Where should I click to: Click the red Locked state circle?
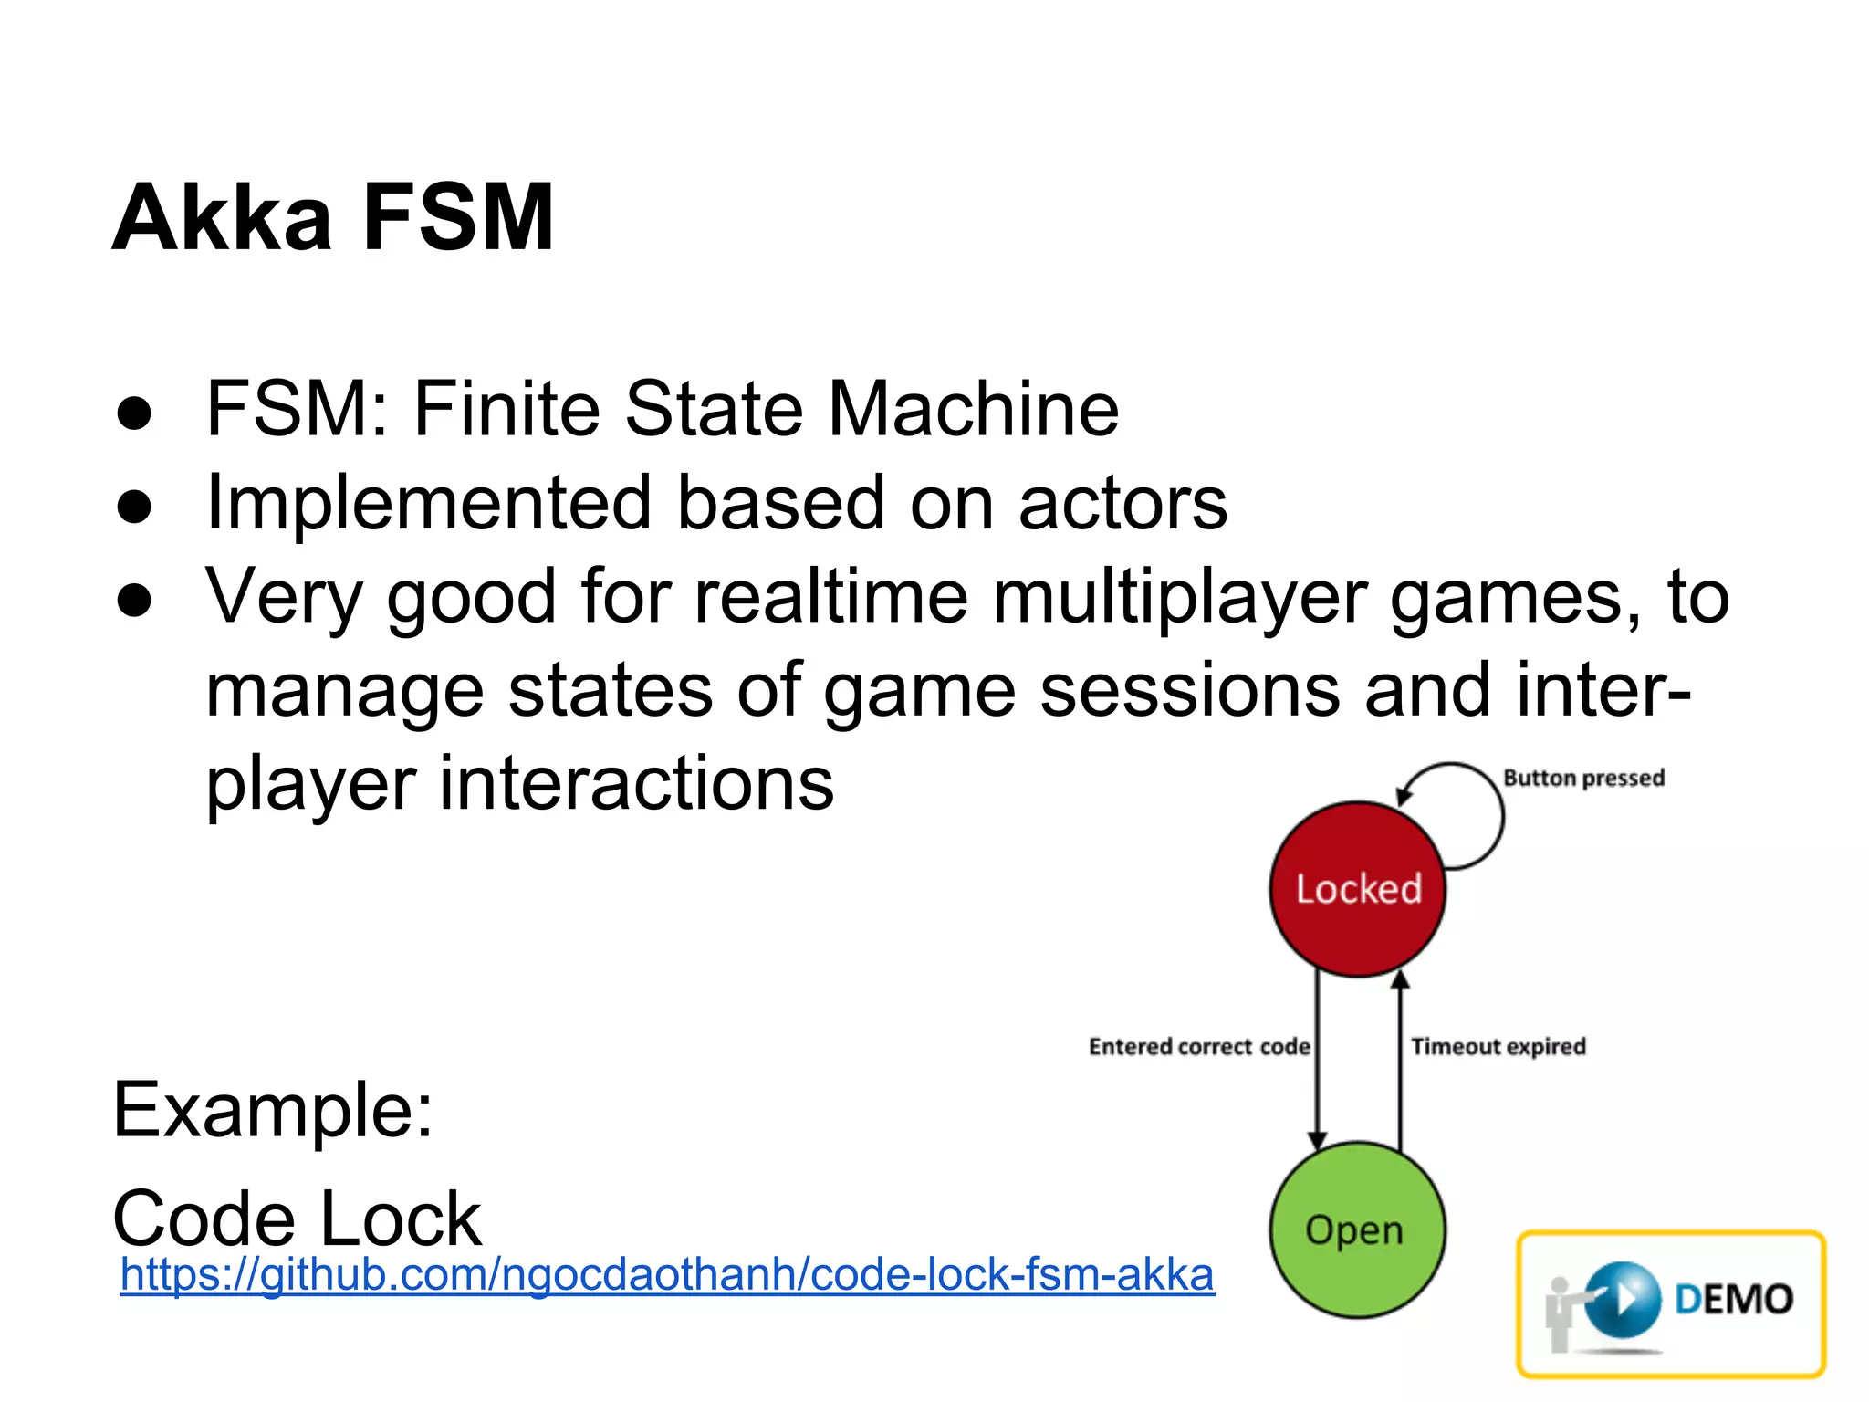(x=1358, y=889)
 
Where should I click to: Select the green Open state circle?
(x=1357, y=1229)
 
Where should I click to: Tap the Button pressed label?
(x=1583, y=778)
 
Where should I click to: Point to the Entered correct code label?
(x=1199, y=1046)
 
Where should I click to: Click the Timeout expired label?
(x=1498, y=1046)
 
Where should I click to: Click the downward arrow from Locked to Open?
(x=1317, y=1059)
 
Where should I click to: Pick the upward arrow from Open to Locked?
(x=1401, y=1059)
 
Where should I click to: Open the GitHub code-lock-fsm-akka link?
(x=667, y=1274)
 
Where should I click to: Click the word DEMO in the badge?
(x=1734, y=1299)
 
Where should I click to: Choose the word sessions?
(x=1191, y=690)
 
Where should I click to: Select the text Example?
(x=273, y=1110)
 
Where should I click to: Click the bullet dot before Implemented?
(x=134, y=507)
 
